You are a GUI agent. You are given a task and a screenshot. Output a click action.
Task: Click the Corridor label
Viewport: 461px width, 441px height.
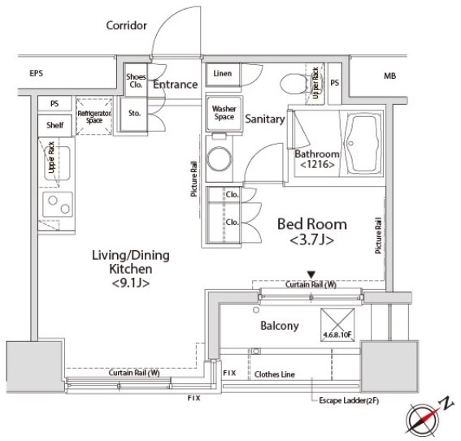tap(126, 25)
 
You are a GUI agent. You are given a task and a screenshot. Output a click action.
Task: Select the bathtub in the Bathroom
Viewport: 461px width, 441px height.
tap(362, 144)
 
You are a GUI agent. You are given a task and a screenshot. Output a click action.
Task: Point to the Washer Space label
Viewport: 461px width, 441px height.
tap(224, 113)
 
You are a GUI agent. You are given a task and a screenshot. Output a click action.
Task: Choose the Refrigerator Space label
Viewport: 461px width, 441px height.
tap(94, 117)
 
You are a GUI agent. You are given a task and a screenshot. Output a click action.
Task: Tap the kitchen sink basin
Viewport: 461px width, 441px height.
tap(58, 163)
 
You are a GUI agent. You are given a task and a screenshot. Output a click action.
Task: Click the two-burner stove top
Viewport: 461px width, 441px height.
tap(58, 205)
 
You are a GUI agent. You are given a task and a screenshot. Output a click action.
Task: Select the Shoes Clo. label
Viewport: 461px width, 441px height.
tap(136, 80)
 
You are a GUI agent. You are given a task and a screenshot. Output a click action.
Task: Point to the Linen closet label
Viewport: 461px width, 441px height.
tap(223, 73)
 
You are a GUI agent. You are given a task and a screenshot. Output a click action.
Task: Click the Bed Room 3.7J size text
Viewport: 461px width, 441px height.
tap(311, 240)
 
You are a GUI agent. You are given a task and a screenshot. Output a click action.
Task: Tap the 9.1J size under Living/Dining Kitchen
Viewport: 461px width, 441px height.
tap(131, 283)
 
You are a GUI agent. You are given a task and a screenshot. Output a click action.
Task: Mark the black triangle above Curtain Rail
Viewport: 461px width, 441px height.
tap(311, 275)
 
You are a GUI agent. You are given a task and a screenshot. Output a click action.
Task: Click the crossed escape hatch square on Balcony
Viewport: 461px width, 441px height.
tap(337, 325)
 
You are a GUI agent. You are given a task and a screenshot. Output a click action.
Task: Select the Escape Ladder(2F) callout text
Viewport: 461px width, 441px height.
tap(349, 400)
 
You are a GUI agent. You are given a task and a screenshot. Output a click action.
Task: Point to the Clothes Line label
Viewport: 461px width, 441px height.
tap(274, 374)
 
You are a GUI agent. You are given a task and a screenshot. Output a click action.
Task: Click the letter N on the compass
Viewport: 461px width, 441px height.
tap(446, 403)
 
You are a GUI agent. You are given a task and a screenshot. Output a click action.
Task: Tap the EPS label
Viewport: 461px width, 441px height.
tap(36, 73)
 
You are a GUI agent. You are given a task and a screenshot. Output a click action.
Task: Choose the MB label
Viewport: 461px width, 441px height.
tap(389, 76)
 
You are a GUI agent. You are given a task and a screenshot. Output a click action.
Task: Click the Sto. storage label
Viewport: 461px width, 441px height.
tap(134, 113)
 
